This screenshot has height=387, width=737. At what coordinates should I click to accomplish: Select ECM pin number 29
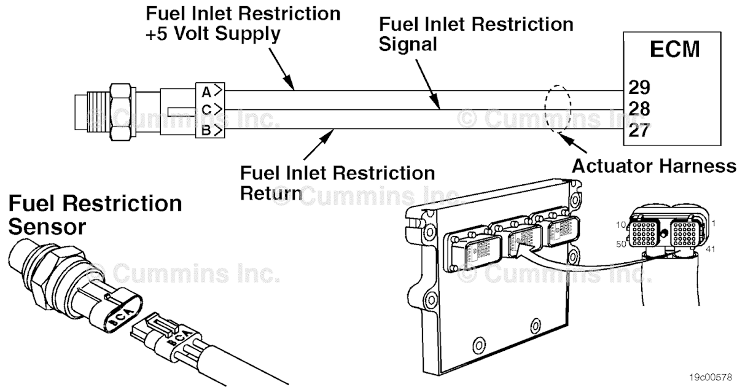coord(639,87)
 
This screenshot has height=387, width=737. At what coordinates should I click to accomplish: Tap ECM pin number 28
coord(639,109)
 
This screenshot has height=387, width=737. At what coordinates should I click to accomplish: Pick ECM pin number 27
coord(639,131)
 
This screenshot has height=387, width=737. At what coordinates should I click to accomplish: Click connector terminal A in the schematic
coord(207,92)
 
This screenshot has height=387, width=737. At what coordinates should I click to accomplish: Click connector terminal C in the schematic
coord(207,111)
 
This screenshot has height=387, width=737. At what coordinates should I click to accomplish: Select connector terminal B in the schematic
coord(207,130)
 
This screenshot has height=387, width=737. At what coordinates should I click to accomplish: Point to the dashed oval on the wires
coord(558,109)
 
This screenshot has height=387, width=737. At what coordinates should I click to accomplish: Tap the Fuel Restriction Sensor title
coord(95,214)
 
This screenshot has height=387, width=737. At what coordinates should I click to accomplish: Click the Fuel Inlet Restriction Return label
coord(337,182)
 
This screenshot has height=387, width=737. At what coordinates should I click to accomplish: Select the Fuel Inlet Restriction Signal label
coord(476,34)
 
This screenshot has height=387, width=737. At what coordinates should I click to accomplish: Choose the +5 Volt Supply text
coord(213,34)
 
